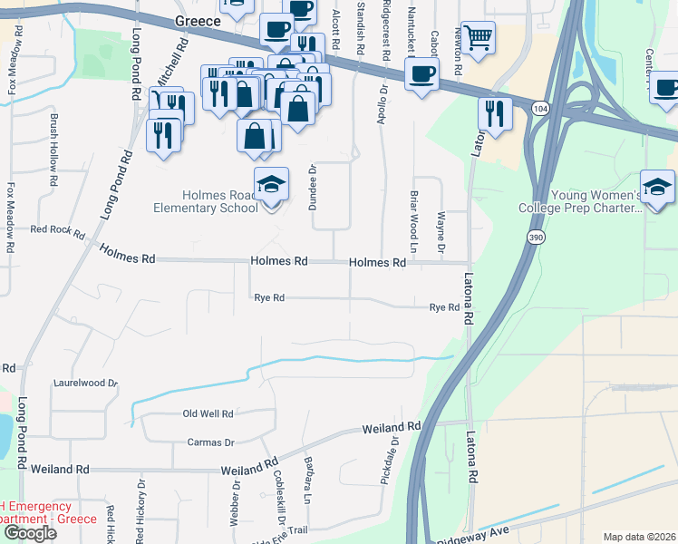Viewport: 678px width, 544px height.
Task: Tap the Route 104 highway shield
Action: coord(540,108)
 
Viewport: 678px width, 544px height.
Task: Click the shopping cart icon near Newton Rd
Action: coord(478,38)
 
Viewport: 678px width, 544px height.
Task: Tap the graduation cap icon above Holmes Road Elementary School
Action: coord(271,184)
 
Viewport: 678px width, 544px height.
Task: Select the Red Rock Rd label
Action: coord(58,229)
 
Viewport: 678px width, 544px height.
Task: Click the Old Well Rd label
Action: coord(208,413)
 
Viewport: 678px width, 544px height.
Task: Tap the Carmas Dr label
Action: coord(211,442)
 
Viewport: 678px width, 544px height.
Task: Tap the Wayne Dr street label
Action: coord(441,232)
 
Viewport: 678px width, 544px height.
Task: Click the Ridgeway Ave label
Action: coord(475,533)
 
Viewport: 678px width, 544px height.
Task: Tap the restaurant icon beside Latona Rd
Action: coord(495,113)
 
